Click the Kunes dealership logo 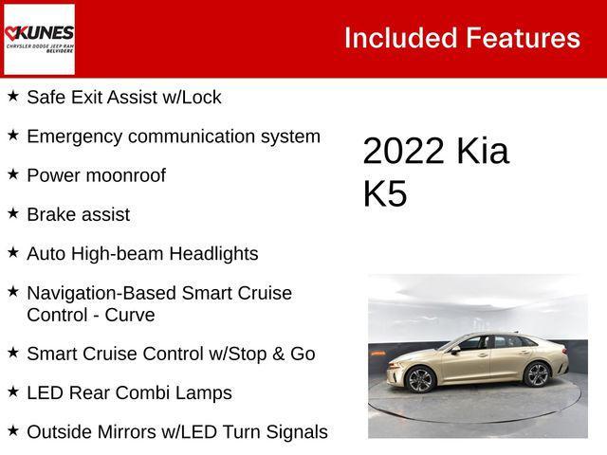[x=39, y=39]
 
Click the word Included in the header [x=399, y=38]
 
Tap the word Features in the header [x=523, y=38]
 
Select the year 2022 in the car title [x=404, y=152]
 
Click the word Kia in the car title [x=482, y=152]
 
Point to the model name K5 [x=384, y=193]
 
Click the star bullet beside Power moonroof [x=13, y=174]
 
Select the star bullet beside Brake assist [x=13, y=213]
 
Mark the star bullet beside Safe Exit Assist [x=13, y=96]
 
